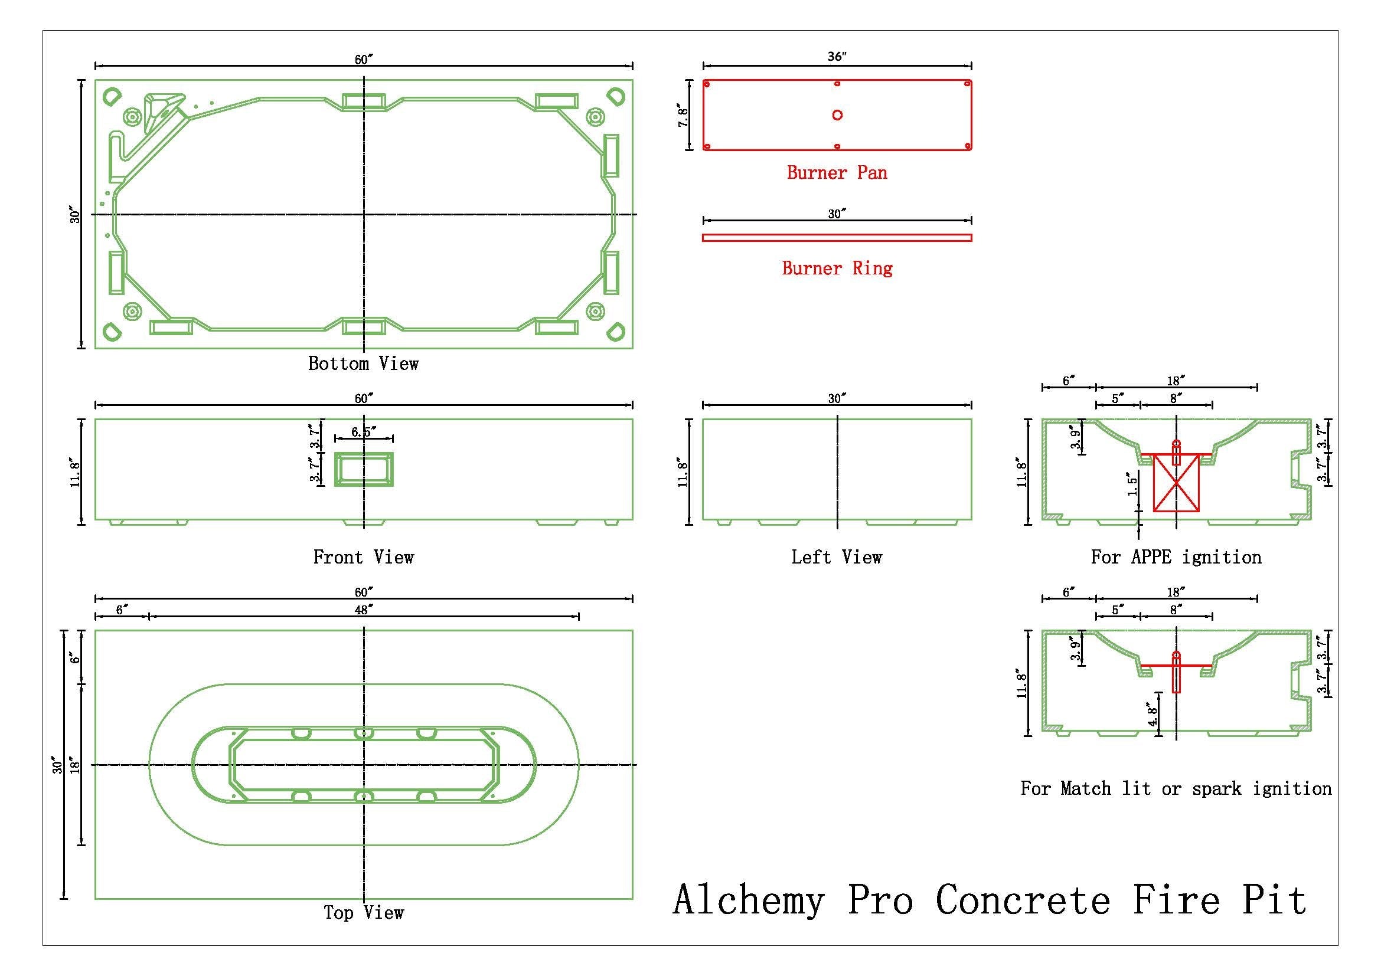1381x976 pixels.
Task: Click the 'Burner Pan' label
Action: [837, 173]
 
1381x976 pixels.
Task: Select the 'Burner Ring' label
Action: [837, 268]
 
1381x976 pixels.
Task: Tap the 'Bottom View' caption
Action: [363, 363]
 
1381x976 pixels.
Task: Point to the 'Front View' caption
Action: [363, 557]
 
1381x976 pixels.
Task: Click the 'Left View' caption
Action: [837, 557]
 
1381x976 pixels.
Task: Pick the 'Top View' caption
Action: [363, 912]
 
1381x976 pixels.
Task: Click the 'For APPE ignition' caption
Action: [1176, 557]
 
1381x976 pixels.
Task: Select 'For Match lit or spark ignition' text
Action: [1176, 788]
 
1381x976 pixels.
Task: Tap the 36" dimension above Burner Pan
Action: [837, 57]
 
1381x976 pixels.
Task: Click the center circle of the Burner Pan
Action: [837, 115]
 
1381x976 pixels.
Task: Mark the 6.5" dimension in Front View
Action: [363, 432]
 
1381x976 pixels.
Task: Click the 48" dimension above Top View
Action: [361, 610]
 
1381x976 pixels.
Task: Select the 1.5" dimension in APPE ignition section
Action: [1133, 484]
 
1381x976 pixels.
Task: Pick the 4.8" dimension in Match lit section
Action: [1153, 715]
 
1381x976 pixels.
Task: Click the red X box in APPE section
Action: [1176, 490]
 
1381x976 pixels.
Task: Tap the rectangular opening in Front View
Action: [363, 469]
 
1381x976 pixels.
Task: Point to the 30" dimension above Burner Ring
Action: [837, 214]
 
